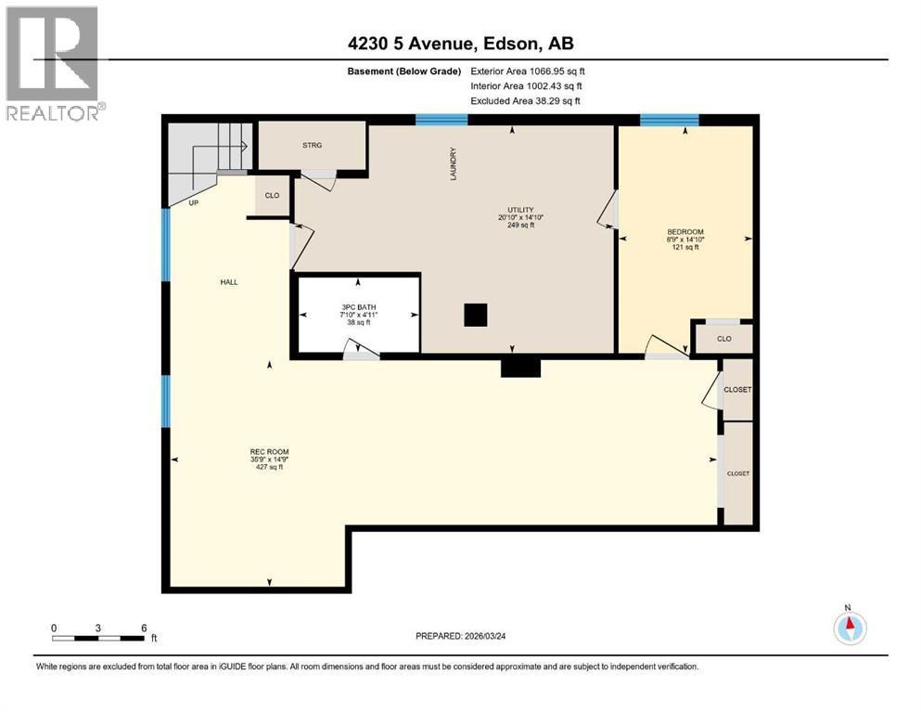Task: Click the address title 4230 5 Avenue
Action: tap(460, 44)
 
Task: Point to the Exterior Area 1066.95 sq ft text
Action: tap(528, 71)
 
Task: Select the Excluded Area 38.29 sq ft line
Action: tap(526, 100)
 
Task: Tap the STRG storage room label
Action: tap(311, 146)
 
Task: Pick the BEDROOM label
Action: tap(685, 232)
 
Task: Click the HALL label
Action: tap(229, 282)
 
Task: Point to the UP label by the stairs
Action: tap(193, 202)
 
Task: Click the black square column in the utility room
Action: tap(475, 316)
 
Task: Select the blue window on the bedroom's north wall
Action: tap(669, 119)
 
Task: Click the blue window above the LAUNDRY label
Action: tap(441, 119)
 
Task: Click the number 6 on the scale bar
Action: tap(143, 628)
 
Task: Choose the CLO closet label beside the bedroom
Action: tap(724, 339)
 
